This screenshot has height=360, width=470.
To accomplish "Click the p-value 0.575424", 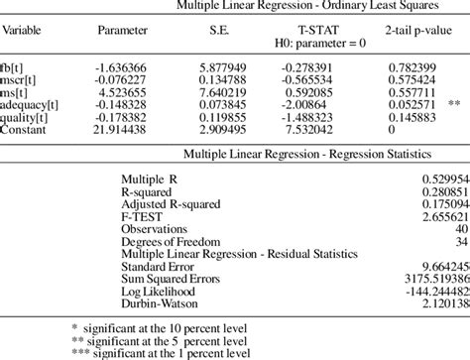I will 411,74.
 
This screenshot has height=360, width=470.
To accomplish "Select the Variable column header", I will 27,30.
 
